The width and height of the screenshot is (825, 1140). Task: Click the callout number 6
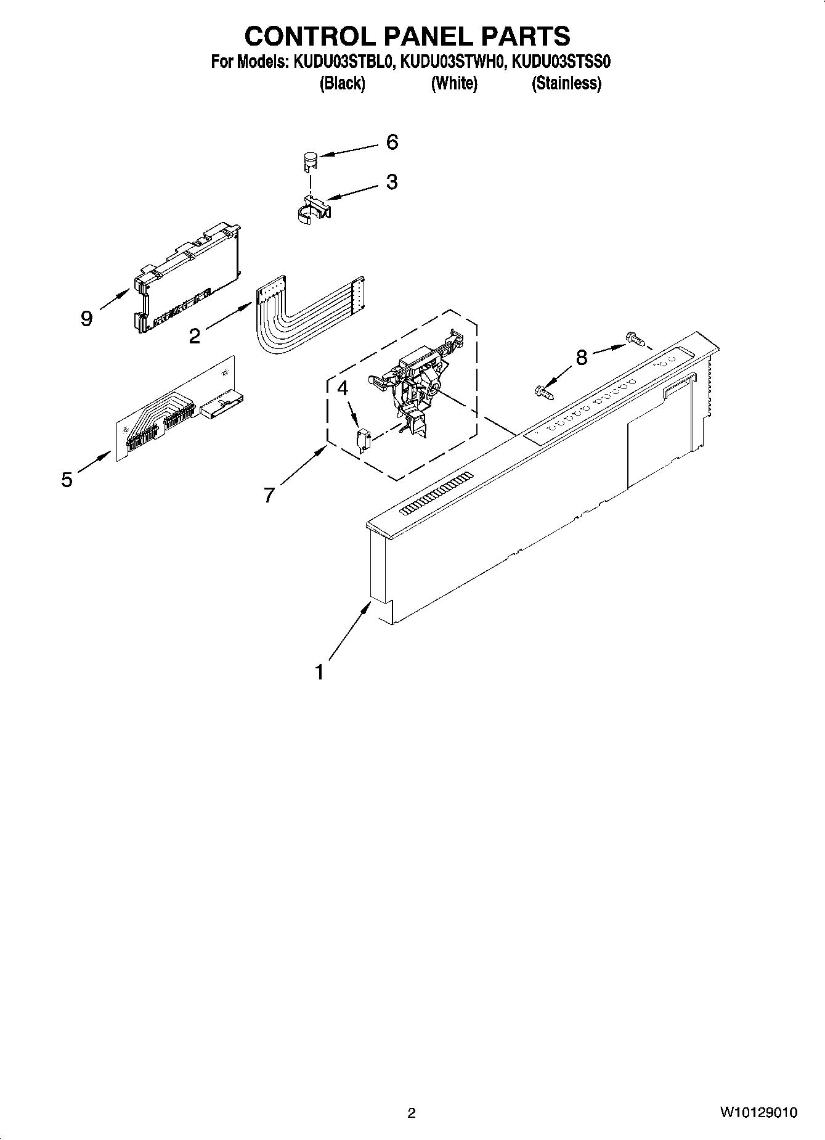coord(392,142)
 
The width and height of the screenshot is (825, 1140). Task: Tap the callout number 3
coord(392,182)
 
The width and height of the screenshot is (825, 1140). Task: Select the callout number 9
coord(86,319)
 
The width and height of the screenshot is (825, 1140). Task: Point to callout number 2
coord(195,337)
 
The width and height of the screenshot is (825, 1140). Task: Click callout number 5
coord(67,480)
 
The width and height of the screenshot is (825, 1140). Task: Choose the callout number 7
coord(269,495)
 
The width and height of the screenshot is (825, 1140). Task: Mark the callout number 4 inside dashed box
coord(343,388)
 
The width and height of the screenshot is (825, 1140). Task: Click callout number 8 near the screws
coord(582,357)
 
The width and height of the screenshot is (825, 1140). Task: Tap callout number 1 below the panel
coord(319,672)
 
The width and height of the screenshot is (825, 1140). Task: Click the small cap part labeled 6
coord(309,162)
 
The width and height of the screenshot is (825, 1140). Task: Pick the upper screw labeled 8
coord(633,338)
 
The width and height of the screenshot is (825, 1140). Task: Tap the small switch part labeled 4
coord(363,441)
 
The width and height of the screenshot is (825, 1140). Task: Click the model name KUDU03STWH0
coord(453,62)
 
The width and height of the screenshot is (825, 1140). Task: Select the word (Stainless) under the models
coord(566,83)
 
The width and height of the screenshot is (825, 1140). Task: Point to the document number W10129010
coord(758,1112)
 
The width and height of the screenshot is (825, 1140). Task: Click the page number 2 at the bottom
coord(412,1113)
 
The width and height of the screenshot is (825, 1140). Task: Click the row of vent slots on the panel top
coord(436,493)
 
